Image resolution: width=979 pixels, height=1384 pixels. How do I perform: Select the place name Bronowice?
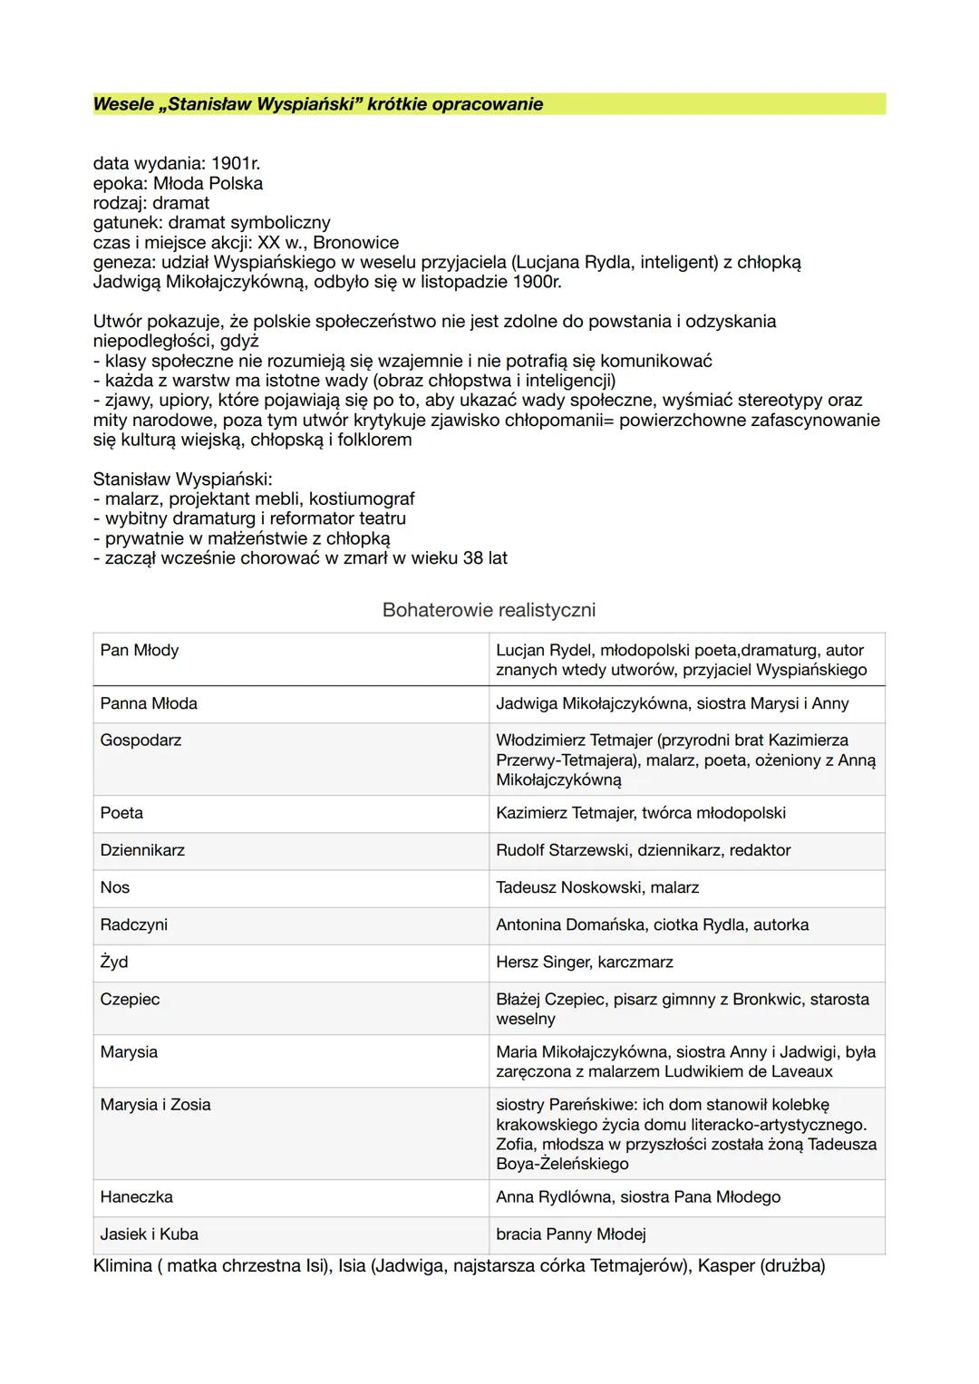pyautogui.click(x=355, y=243)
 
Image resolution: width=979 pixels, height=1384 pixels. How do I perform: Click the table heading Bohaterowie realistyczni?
pyautogui.click(x=489, y=610)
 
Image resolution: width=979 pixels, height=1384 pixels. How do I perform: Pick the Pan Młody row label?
pyautogui.click(x=140, y=650)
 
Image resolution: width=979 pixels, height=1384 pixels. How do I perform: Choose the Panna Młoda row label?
pyautogui.click(x=149, y=703)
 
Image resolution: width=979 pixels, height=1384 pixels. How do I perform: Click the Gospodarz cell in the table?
pyautogui.click(x=141, y=740)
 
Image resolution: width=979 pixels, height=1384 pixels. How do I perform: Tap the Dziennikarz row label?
pyautogui.click(x=142, y=850)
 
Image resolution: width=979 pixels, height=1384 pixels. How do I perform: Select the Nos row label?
pyautogui.click(x=115, y=887)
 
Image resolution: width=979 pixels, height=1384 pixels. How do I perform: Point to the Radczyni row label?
pyautogui.click(x=133, y=924)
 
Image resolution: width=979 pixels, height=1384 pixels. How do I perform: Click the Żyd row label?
pyautogui.click(x=114, y=962)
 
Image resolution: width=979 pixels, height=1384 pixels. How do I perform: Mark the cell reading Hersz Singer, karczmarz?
pyautogui.click(x=584, y=962)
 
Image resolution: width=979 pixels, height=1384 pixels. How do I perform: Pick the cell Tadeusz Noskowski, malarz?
pyautogui.click(x=596, y=887)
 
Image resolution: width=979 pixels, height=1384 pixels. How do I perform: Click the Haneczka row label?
pyautogui.click(x=136, y=1196)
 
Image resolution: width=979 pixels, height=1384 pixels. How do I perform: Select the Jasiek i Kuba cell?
pyautogui.click(x=149, y=1234)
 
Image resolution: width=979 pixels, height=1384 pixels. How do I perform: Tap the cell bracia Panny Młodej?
pyautogui.click(x=570, y=1234)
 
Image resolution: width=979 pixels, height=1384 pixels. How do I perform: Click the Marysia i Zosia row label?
pyautogui.click(x=155, y=1104)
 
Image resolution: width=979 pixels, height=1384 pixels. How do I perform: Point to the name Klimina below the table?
pyautogui.click(x=122, y=1265)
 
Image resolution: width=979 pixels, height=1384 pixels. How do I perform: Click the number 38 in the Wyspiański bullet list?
pyautogui.click(x=472, y=558)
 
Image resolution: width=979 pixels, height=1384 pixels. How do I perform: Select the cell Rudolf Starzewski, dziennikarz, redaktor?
pyautogui.click(x=643, y=850)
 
